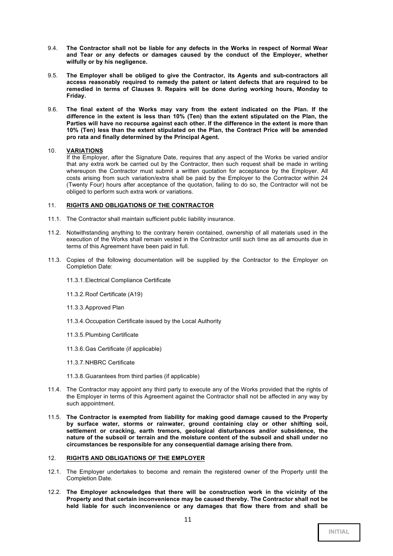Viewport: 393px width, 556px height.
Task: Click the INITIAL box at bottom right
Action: [x=339, y=532]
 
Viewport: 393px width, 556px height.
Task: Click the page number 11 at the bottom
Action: [x=188, y=520]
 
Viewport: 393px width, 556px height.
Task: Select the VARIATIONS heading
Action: [x=85, y=151]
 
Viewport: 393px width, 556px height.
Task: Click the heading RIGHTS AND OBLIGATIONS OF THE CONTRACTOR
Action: [x=140, y=205]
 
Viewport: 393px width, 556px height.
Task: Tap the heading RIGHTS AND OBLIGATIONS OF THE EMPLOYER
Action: [x=135, y=458]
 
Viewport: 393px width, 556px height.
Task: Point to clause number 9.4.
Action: [x=53, y=48]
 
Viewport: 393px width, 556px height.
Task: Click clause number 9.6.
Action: [x=53, y=110]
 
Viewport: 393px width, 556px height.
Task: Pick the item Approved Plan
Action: [x=104, y=307]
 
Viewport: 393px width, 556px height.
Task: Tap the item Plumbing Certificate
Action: [x=112, y=335]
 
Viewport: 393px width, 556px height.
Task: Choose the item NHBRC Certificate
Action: [x=110, y=362]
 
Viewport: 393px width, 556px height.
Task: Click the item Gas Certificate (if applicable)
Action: [x=123, y=349]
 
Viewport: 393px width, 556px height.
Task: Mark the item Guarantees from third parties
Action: [x=142, y=376]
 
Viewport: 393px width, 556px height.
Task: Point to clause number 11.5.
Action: [x=54, y=417]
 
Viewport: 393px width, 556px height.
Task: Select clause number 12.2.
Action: [x=54, y=492]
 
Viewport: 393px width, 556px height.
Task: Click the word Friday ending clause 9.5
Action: [x=76, y=96]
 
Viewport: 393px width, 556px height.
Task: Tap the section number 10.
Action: [x=52, y=151]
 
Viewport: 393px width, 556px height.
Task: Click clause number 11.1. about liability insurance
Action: [x=54, y=219]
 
